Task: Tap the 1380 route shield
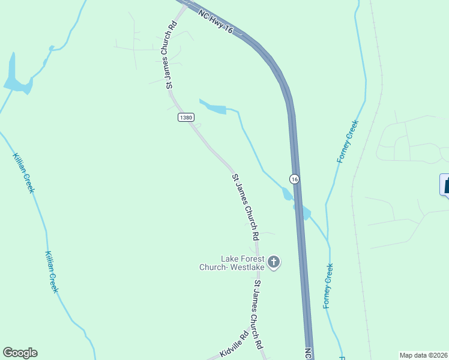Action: (185, 118)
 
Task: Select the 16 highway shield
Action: (294, 179)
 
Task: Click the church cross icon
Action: (274, 262)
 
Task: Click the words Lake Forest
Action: (243, 259)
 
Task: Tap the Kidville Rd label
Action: (234, 345)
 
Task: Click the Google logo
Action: (20, 353)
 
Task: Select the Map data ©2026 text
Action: (423, 355)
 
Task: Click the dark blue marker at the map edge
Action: (445, 184)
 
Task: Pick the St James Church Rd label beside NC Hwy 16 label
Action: (171, 57)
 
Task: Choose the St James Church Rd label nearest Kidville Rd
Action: (258, 314)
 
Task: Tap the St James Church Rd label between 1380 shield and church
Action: (246, 204)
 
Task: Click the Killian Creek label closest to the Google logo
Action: (51, 271)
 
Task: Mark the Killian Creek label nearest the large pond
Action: (23, 173)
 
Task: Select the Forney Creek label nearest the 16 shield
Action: (348, 141)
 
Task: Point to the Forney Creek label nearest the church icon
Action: (328, 286)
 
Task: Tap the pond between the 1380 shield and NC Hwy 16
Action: (214, 107)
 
